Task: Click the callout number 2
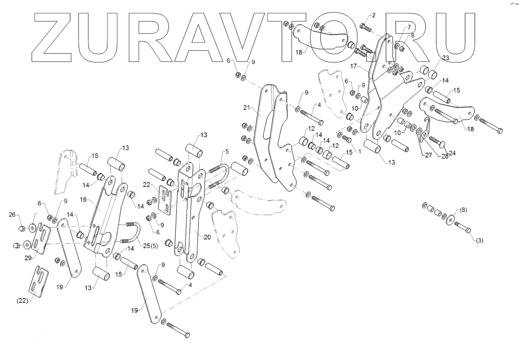coord(373,16)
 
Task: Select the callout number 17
coord(354,65)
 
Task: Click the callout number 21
coord(246,106)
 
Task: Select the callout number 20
coord(207,237)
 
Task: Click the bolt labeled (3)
coord(464,228)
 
